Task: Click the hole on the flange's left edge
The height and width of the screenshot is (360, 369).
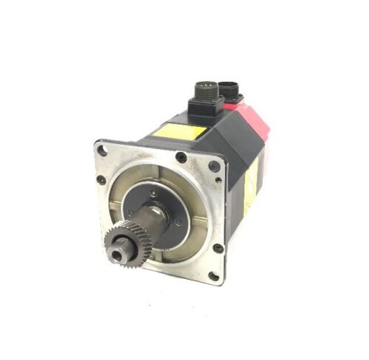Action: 101,179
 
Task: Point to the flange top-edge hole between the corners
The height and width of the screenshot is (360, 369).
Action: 180,156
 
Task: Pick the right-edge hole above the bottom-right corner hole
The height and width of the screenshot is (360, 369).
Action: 218,248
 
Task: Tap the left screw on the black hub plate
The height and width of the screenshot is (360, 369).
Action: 131,212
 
